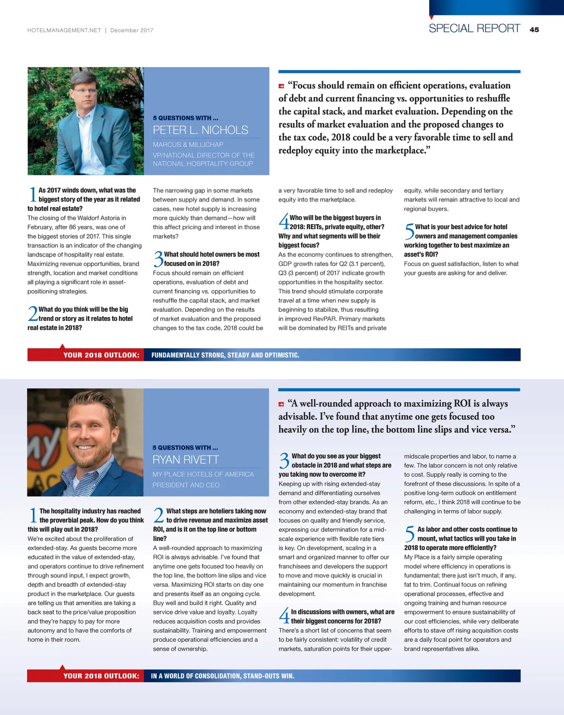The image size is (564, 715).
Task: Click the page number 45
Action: (534, 30)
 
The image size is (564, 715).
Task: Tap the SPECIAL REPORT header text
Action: (474, 29)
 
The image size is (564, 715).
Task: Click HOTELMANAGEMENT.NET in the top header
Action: (64, 31)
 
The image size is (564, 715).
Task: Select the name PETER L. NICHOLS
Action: (200, 130)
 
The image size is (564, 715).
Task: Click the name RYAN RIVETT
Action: (186, 459)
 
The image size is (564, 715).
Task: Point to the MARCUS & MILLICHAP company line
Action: (188, 145)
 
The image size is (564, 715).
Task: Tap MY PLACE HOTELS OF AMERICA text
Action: (203, 474)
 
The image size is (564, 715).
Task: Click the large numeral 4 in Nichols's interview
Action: (283, 221)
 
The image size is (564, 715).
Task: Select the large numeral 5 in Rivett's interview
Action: (409, 534)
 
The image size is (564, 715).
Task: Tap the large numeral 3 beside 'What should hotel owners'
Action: (158, 259)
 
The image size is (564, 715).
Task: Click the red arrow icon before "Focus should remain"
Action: (281, 86)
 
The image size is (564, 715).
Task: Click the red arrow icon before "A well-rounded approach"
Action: (281, 404)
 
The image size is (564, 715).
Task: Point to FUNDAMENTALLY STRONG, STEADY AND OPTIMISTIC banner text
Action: (225, 355)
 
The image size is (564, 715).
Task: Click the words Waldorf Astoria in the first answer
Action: (104, 218)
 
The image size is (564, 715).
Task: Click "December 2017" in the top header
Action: (132, 31)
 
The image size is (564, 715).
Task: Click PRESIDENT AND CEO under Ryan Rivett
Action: (186, 485)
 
